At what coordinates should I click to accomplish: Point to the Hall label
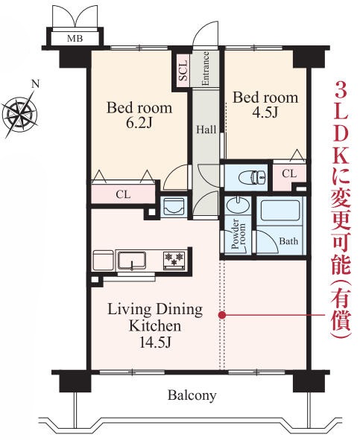tap(206, 130)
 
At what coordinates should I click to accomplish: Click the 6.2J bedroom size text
tap(139, 124)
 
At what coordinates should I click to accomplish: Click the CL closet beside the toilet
tap(289, 174)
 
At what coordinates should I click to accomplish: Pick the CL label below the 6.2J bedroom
tap(124, 195)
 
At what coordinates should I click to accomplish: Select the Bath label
tap(288, 242)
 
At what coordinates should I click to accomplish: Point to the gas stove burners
tap(174, 259)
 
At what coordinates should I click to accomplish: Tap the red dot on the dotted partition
tap(222, 316)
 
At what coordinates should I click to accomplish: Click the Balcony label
tap(192, 395)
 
